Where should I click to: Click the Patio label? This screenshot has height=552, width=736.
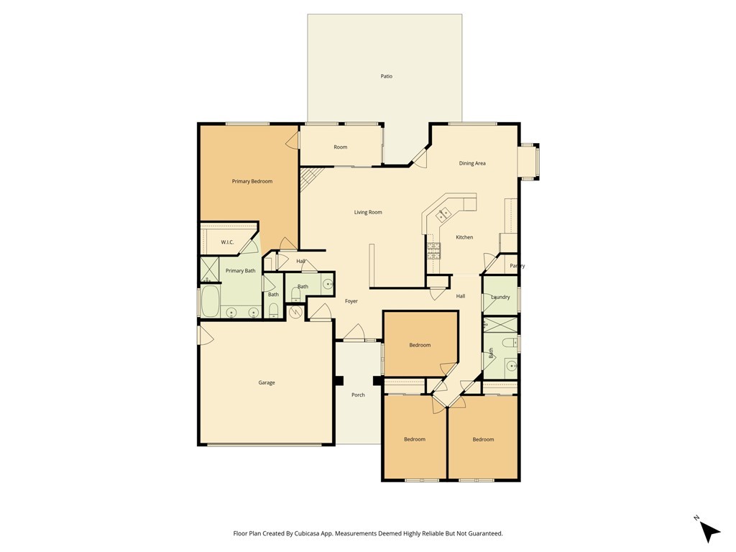click(387, 76)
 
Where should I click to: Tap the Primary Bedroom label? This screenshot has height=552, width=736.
click(252, 181)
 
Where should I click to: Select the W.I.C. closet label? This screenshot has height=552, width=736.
click(227, 242)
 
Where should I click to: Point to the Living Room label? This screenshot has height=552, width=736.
click(368, 212)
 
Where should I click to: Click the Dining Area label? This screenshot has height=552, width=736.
click(472, 163)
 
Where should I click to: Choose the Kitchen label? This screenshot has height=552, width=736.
click(464, 237)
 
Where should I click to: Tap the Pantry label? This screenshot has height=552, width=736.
click(517, 266)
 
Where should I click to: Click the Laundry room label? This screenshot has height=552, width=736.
click(500, 297)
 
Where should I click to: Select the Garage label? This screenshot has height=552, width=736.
click(267, 382)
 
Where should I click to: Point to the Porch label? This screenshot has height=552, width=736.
click(358, 395)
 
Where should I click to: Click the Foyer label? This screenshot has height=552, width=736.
click(351, 301)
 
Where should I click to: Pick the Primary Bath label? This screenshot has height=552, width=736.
click(240, 271)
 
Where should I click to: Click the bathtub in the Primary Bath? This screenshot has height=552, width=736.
click(209, 302)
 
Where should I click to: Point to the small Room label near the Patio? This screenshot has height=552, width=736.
click(340, 147)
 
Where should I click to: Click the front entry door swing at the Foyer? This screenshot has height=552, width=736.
click(353, 333)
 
